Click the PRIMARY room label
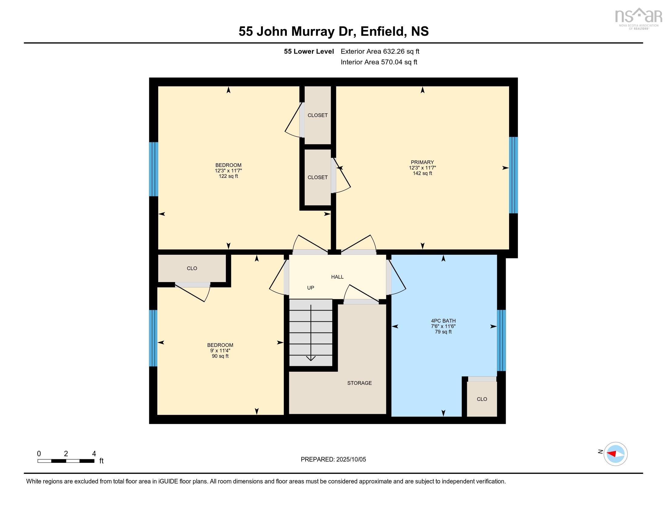pos(422,162)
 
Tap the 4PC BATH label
pos(443,321)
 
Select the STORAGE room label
pos(359,383)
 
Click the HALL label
pos(337,277)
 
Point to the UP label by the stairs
pos(310,288)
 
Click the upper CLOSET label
pos(317,115)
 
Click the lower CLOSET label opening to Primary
pos(317,177)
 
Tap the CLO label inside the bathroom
pos(482,399)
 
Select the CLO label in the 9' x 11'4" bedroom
pos(192,268)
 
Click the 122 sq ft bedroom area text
pos(228,176)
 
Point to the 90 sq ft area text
pos(220,356)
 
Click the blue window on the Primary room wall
pos(513,175)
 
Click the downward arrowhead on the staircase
pos(310,358)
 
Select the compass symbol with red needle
pos(615,454)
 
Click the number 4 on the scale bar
pos(94,454)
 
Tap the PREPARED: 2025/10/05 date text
pos(333,459)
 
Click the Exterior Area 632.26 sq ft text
pos(380,51)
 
